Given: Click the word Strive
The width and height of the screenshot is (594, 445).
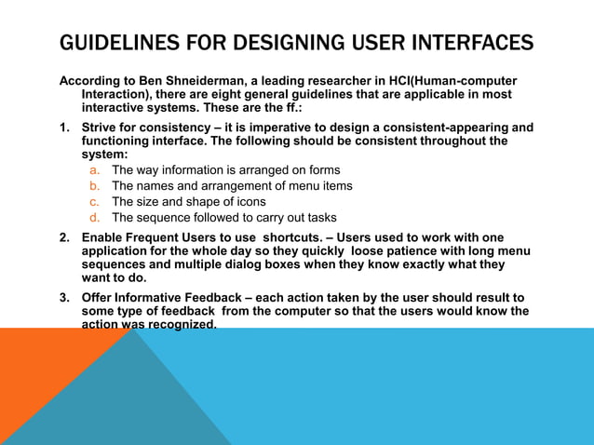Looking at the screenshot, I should (101, 128).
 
